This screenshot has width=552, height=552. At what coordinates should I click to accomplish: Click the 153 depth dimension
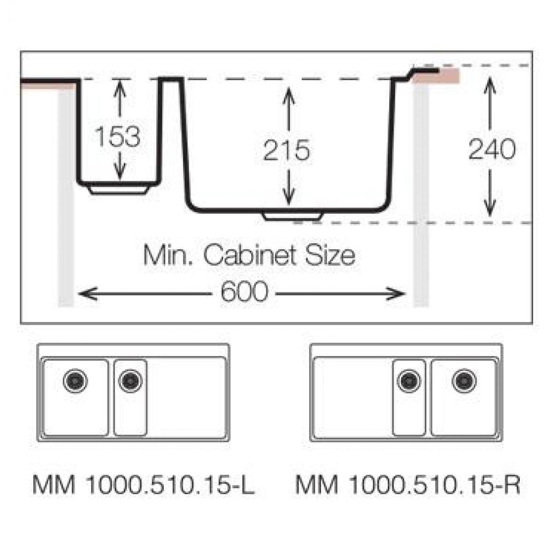(117, 136)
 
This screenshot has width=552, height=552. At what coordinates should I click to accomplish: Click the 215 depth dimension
(287, 150)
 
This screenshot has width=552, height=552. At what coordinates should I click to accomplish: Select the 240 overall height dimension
(492, 149)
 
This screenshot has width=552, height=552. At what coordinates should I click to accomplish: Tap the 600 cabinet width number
(244, 291)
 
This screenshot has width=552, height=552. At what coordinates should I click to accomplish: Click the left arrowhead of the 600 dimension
(88, 293)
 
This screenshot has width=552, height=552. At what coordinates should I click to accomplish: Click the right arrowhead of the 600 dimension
(396, 293)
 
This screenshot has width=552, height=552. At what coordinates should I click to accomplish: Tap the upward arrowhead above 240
(490, 86)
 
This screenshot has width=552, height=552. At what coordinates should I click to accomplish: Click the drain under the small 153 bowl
(119, 190)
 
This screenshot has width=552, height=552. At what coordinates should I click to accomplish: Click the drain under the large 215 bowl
(293, 217)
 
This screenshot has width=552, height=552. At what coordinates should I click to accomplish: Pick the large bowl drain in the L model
(75, 381)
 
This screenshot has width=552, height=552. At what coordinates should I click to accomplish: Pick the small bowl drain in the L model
(130, 381)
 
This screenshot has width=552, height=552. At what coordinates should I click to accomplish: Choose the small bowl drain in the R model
(409, 381)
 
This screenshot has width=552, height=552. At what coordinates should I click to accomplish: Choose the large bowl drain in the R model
(464, 381)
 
